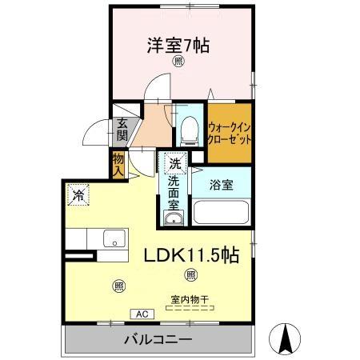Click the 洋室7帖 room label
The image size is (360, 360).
(x=177, y=46)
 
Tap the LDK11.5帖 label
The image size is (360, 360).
(x=190, y=255)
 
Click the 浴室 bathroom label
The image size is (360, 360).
(x=222, y=185)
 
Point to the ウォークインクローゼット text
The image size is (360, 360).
(x=230, y=131)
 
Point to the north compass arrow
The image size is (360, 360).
(x=286, y=338)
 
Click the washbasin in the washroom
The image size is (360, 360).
(x=174, y=218)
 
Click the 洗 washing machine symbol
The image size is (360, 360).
(x=174, y=163)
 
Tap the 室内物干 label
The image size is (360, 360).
(x=189, y=300)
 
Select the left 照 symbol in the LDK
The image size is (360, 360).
(x=118, y=286)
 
